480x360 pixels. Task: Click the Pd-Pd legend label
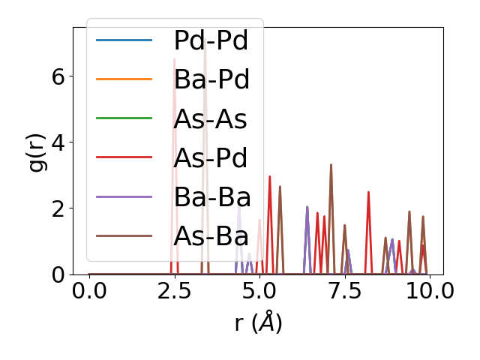211,40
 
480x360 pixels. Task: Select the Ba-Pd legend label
211,79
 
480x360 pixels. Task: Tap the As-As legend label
211,118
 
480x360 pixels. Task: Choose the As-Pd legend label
211,157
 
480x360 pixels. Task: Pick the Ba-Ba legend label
211,196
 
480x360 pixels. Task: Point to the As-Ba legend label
211,235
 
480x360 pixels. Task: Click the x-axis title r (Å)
258,322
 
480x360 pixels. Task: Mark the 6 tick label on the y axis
57,76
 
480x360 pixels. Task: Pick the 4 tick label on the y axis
57,142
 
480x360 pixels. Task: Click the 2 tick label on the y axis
57,208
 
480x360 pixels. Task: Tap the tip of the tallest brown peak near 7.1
331,164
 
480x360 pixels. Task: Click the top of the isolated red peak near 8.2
368,192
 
